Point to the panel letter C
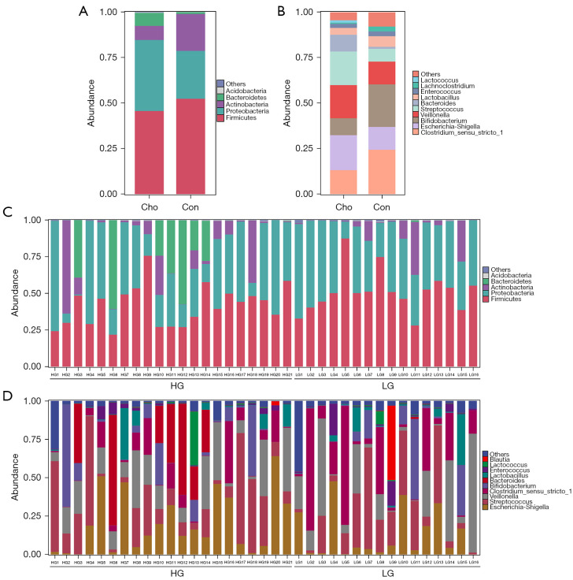coord(7,213)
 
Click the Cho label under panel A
coord(150,207)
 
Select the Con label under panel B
coord(382,207)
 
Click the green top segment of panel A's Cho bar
coord(149,18)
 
